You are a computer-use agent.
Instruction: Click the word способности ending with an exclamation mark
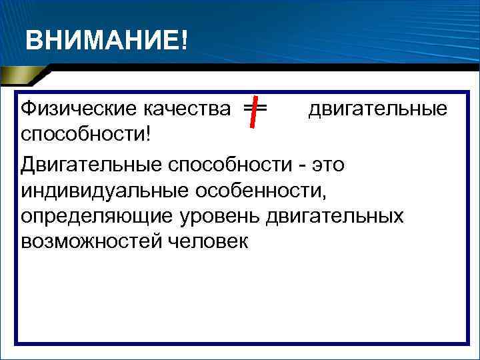coord(84,133)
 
